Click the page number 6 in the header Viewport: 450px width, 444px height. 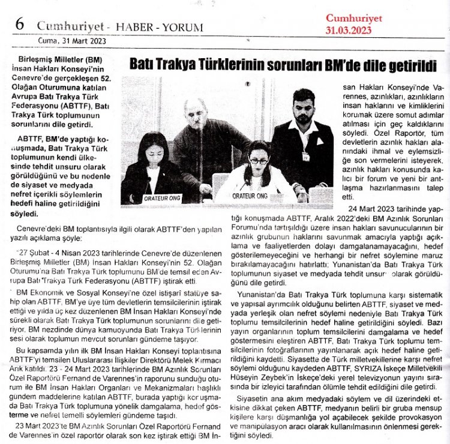pos(19,25)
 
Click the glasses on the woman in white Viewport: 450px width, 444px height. pos(259,160)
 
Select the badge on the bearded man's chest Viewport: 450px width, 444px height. pos(306,156)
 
